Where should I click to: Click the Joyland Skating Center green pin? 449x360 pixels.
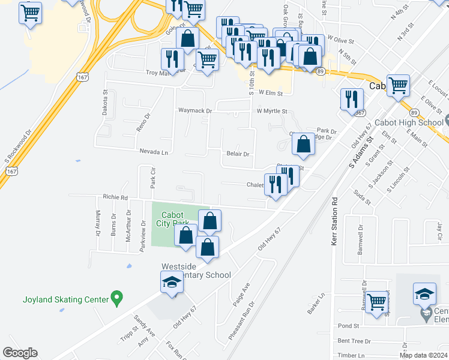(117, 298)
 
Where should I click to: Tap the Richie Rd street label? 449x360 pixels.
(115, 196)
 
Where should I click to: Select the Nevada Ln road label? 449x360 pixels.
(154, 152)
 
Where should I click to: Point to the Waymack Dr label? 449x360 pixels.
(195, 111)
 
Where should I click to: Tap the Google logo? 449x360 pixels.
(20, 353)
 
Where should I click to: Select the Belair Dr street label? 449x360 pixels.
(237, 154)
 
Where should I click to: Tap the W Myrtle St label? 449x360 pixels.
(272, 111)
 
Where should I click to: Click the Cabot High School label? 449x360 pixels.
(408, 122)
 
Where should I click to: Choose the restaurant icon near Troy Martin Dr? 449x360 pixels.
(172, 59)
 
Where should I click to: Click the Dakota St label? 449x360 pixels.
(104, 103)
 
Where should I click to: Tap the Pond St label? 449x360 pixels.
(348, 326)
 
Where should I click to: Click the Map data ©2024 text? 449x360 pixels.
(423, 355)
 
